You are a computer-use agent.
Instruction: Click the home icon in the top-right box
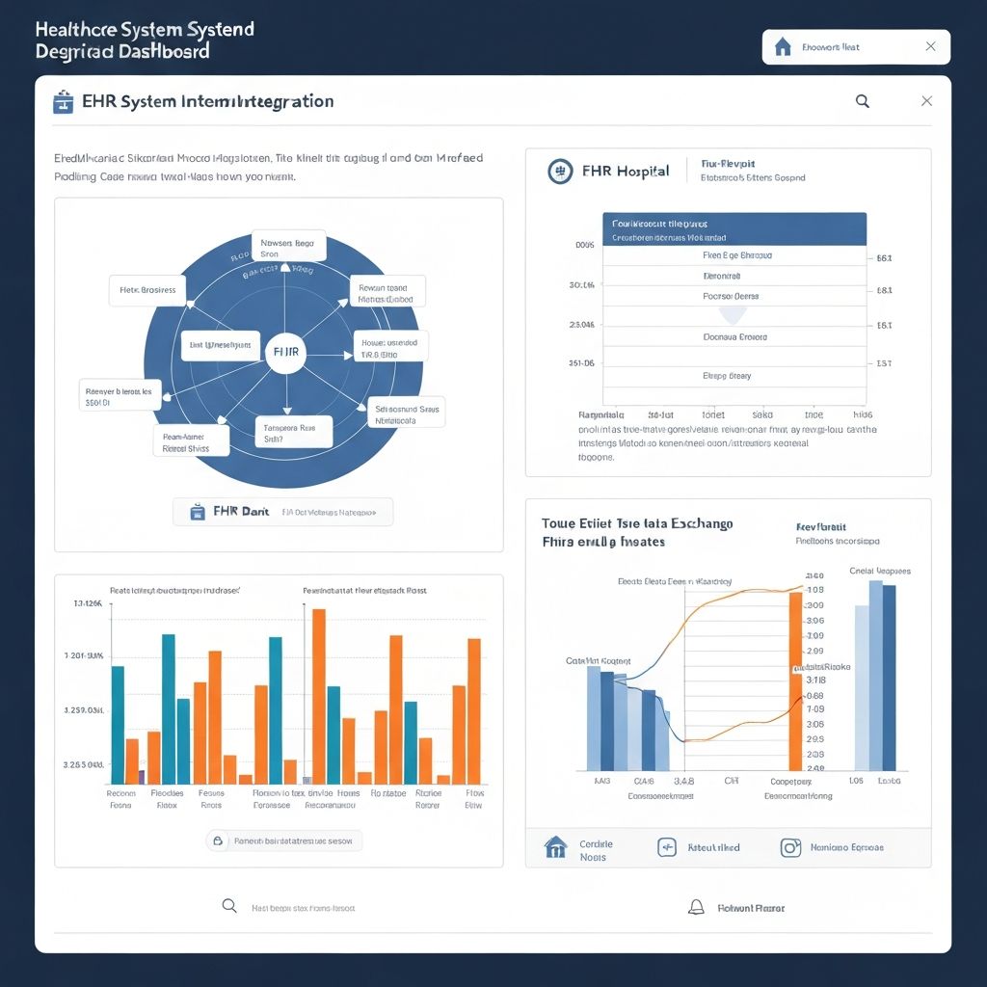click(x=783, y=46)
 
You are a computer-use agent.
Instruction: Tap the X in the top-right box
click(x=930, y=46)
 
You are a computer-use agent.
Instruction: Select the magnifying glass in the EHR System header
click(x=863, y=101)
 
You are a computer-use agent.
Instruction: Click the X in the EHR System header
click(x=926, y=101)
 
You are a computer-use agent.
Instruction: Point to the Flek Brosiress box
click(x=147, y=289)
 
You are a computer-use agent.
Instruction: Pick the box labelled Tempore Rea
click(x=293, y=432)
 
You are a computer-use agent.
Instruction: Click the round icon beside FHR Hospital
click(x=560, y=172)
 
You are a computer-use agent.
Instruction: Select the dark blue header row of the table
click(x=734, y=228)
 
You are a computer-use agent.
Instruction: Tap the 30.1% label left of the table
click(x=582, y=285)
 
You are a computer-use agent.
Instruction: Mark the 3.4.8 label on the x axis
click(x=683, y=782)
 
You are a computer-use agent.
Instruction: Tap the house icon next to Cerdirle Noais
click(x=555, y=847)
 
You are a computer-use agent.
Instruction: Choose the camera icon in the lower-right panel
click(x=790, y=847)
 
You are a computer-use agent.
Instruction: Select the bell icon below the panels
click(x=696, y=907)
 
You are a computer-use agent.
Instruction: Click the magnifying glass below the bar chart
click(x=229, y=906)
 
